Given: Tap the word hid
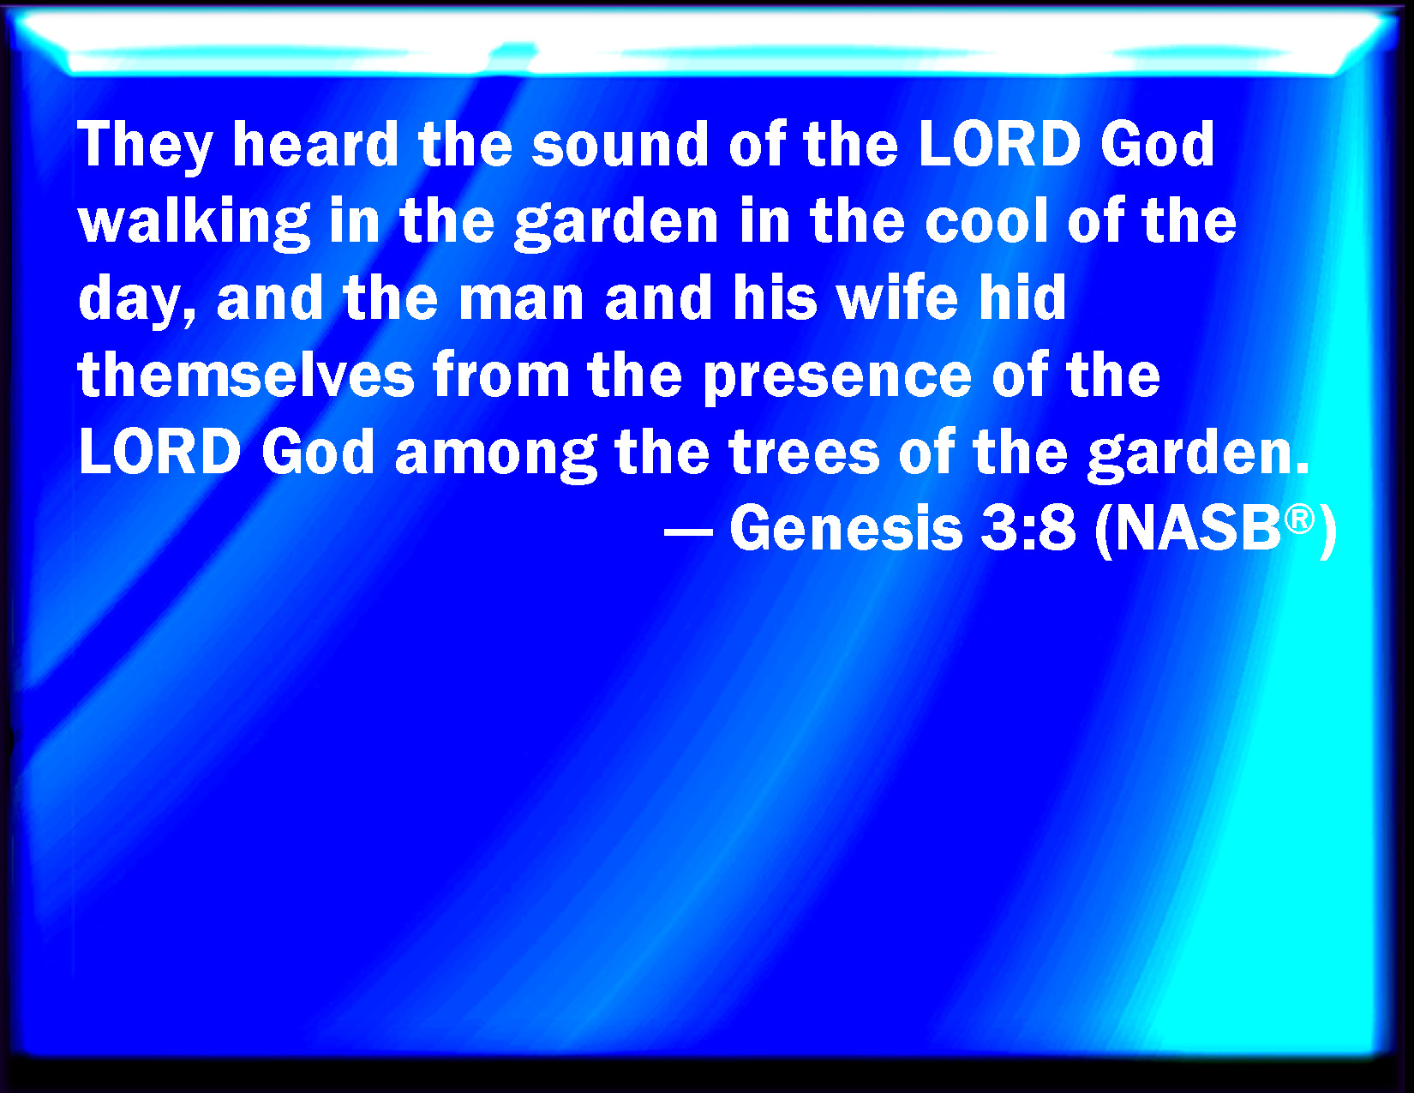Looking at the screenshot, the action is click(x=1021, y=297).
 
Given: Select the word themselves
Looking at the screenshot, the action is click(x=246, y=375).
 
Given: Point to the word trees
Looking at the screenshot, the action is click(x=805, y=453).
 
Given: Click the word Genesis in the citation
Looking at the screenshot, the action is click(x=846, y=529).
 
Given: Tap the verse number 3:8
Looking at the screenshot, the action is click(x=1028, y=529).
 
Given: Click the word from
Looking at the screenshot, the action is click(x=501, y=375).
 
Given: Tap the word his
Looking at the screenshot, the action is click(x=775, y=297).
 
